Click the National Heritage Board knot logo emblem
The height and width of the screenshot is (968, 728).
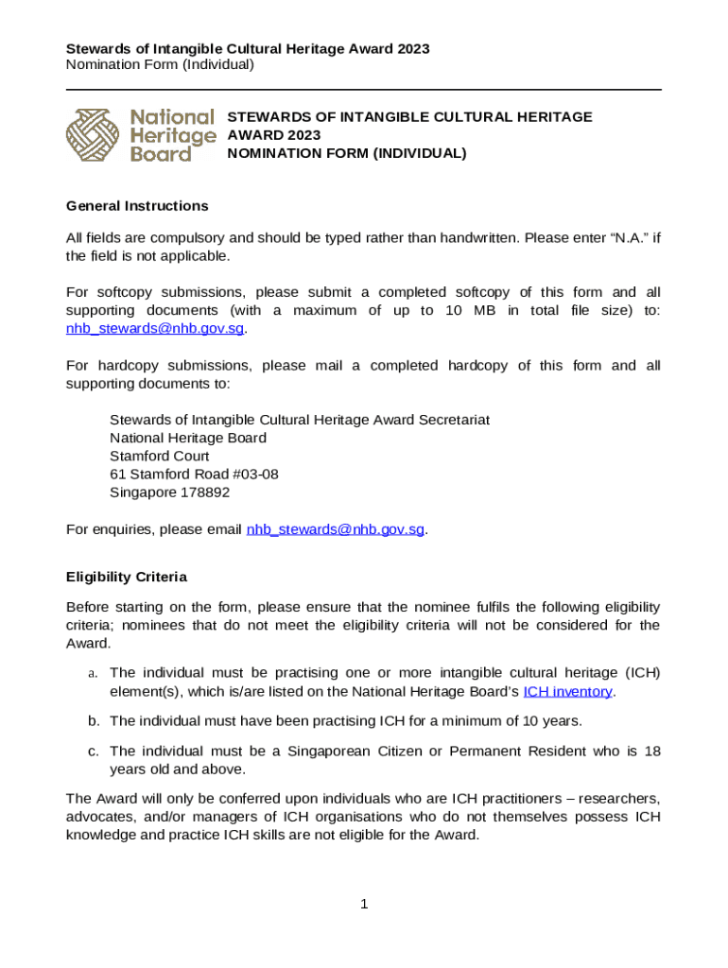pos(95,135)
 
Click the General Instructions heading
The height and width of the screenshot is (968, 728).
pos(136,206)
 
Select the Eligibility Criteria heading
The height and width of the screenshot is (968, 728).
pos(127,577)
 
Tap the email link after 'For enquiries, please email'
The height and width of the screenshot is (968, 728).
pos(335,529)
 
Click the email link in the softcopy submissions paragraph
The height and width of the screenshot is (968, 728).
pos(155,328)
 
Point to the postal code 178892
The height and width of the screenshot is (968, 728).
pos(200,493)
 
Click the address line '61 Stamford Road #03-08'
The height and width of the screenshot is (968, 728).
pos(194,474)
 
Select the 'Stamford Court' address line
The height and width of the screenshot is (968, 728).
pos(159,456)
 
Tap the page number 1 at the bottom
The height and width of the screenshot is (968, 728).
pos(364,905)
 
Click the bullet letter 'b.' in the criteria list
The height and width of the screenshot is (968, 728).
pos(94,721)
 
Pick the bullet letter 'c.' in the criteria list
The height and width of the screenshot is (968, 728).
pos(94,751)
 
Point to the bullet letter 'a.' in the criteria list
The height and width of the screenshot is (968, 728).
pos(93,673)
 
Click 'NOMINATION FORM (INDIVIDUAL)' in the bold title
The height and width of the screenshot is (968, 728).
pos(347,153)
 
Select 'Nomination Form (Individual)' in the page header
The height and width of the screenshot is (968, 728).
pos(160,64)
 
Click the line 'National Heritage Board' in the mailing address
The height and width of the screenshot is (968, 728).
pos(188,438)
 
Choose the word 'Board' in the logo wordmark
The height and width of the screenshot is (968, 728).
pos(160,153)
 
